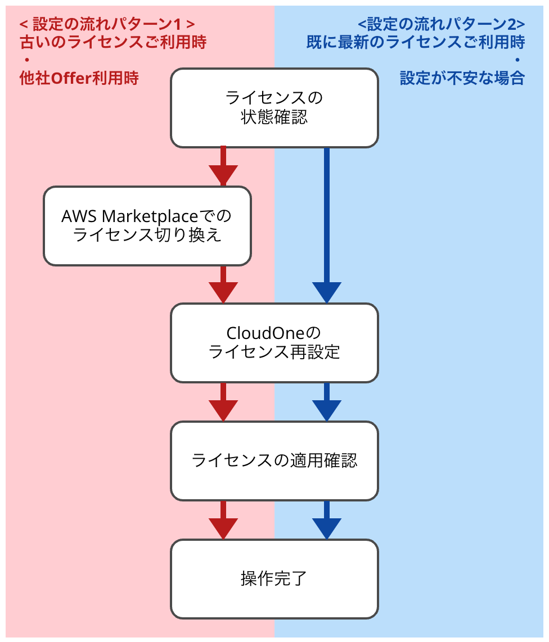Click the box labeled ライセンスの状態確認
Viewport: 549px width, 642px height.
tap(274, 108)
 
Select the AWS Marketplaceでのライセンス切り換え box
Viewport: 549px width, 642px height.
tap(147, 225)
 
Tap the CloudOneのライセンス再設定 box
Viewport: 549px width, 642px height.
tap(274, 342)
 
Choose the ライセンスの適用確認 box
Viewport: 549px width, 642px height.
tap(274, 460)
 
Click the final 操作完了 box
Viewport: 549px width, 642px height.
tap(274, 578)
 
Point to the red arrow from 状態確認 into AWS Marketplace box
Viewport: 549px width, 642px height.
tap(223, 168)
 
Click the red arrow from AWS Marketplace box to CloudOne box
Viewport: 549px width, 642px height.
tap(223, 285)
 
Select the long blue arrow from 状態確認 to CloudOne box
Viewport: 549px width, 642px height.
tap(327, 225)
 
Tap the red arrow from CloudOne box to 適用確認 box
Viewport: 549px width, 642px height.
tap(223, 403)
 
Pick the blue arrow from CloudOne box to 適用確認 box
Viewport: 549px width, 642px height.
tap(327, 403)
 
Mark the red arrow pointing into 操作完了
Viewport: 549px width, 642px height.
tap(223, 521)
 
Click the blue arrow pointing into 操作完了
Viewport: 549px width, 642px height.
tap(327, 521)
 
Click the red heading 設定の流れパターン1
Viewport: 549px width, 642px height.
tap(107, 24)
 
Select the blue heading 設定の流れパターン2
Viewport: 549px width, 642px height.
tap(441, 24)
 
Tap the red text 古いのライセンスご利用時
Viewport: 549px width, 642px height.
tap(113, 42)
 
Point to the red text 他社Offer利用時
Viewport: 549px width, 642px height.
tap(79, 78)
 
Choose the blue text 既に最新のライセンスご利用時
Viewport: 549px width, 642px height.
tap(416, 42)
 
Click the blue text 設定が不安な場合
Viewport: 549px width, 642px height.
tap(462, 78)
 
